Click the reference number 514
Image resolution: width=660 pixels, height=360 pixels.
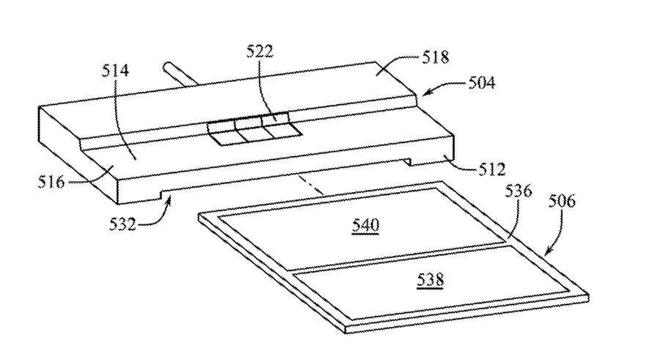pos(115,70)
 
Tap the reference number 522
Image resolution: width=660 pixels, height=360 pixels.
pos(260,51)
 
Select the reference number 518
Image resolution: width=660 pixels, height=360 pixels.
pos(435,57)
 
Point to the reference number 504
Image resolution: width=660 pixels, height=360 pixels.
pos(482,82)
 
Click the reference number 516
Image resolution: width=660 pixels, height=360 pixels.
pos(51,182)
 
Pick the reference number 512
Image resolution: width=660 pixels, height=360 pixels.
pos(491,169)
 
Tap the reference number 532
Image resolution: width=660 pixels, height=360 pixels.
pos(123,224)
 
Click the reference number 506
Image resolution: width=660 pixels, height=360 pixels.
pos(562,201)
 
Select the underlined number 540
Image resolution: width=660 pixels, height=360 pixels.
pos(365,226)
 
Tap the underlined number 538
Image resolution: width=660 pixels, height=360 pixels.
pos(430,279)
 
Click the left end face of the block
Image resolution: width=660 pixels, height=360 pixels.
pos(78,155)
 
